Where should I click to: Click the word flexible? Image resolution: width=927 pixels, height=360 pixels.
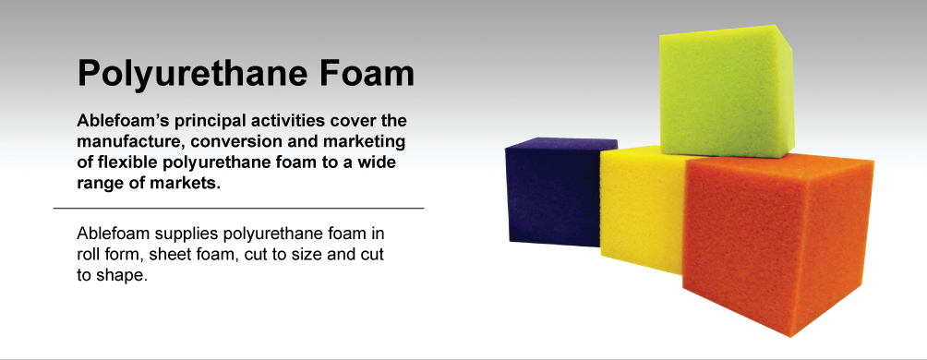pos(119,162)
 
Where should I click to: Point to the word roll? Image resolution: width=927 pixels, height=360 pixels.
pos(86,256)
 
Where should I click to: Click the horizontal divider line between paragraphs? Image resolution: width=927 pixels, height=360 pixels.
pos(239,208)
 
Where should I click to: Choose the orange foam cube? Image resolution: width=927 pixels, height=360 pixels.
pos(778,243)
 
